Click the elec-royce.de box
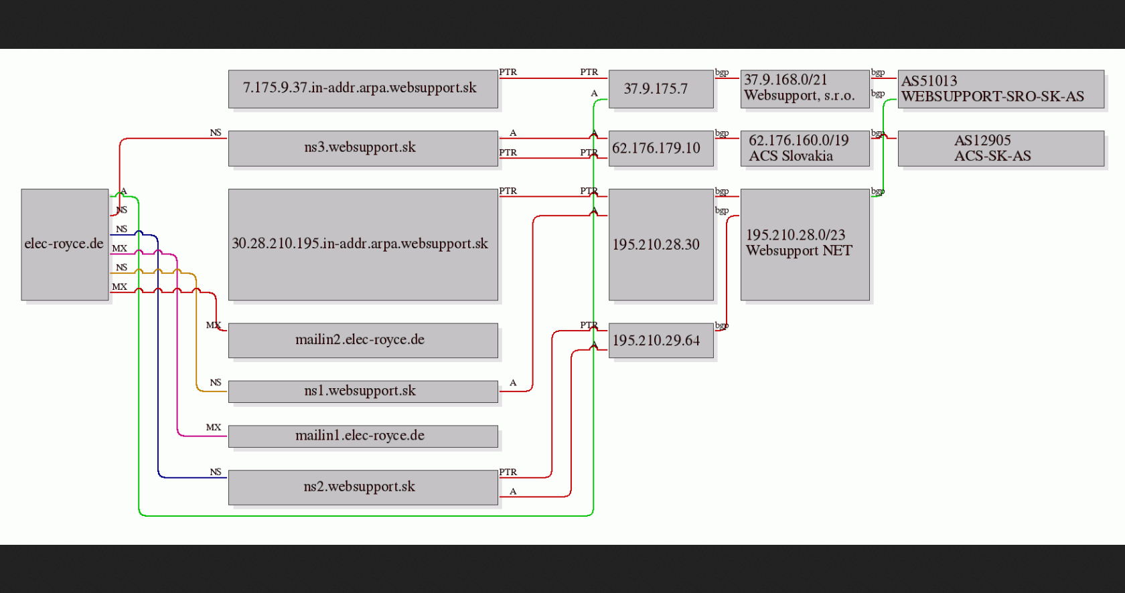(x=65, y=244)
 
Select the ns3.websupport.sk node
(x=363, y=148)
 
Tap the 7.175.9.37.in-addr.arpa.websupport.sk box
(x=363, y=89)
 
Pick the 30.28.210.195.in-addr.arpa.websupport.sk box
(x=363, y=244)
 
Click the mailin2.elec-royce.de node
(x=363, y=341)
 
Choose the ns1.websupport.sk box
(x=363, y=391)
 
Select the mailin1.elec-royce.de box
(x=363, y=436)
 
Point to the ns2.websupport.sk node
(x=363, y=487)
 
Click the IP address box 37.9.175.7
(x=661, y=89)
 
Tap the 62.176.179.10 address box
(x=661, y=148)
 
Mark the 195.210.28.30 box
(x=661, y=244)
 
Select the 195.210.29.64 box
(x=661, y=341)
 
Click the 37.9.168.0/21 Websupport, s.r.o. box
(x=805, y=89)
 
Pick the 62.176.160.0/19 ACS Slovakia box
(x=805, y=148)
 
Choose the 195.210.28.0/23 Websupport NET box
(x=805, y=244)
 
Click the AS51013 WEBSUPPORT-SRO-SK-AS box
(x=1001, y=89)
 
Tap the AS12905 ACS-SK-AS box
(x=1001, y=148)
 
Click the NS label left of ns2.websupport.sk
(x=216, y=472)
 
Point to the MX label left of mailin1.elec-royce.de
(x=214, y=427)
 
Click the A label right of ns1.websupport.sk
(x=513, y=383)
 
